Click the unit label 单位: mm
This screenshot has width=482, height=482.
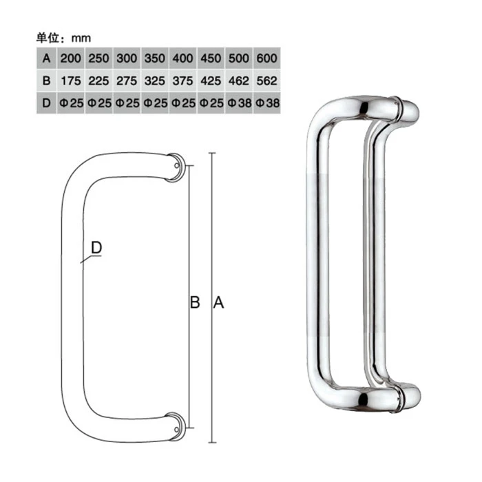coord(63,39)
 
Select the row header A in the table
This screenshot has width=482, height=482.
coord(47,59)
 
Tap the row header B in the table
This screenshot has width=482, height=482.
coord(47,81)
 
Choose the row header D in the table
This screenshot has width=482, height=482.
coord(47,103)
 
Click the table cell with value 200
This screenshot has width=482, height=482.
coord(71,59)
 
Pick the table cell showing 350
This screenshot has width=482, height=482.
coord(155,59)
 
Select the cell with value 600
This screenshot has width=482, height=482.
coord(266,59)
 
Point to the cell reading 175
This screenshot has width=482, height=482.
coord(71,81)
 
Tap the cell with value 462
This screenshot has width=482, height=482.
coord(238,81)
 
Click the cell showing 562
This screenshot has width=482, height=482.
coord(266,81)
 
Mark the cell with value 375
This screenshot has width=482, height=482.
coord(182,81)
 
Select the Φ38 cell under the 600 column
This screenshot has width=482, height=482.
coord(266,103)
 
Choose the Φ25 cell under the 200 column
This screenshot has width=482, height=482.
coord(71,103)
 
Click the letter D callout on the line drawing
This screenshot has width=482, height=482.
coord(97,247)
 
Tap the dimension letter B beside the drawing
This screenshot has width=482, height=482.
coord(195,302)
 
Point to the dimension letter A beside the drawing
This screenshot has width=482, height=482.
coord(219,302)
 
